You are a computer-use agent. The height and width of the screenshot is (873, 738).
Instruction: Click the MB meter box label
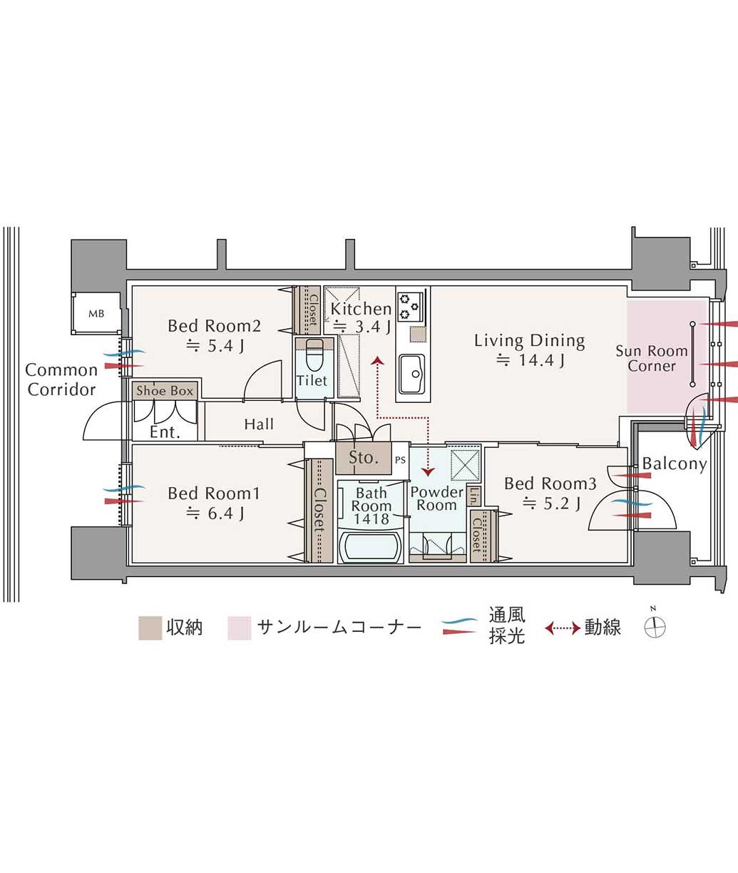96,314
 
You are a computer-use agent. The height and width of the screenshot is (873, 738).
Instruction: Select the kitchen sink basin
411,373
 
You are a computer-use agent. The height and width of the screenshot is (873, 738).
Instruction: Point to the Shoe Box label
165,391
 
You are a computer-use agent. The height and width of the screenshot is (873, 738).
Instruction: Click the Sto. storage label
364,457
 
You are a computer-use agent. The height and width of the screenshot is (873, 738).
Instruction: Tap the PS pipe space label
400,460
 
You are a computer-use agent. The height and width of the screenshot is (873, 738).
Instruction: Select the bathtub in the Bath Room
371,547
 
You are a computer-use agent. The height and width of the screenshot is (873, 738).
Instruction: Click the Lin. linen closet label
473,496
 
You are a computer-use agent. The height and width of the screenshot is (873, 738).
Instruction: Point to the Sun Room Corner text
652,358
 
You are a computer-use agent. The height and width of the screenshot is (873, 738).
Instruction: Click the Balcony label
675,464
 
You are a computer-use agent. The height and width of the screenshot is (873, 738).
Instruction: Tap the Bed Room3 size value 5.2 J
551,503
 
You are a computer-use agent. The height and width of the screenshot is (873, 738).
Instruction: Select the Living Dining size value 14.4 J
531,360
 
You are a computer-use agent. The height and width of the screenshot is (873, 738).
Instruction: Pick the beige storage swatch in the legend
150,628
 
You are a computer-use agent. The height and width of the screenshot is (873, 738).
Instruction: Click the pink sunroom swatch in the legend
240,628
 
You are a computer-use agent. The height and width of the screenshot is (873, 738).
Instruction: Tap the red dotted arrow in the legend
563,628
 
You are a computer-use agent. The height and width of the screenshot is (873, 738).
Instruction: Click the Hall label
259,424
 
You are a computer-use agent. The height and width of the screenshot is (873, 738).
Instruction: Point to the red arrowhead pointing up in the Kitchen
377,360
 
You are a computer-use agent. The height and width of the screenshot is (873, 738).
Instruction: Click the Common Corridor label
61,379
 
